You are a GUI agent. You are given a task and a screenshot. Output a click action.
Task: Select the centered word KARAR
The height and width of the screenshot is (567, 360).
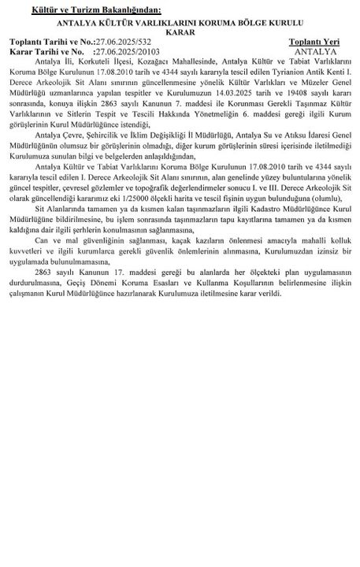click(180, 31)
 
